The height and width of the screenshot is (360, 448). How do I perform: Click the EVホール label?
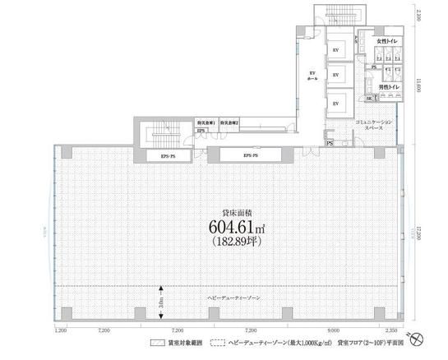[x=312, y=76]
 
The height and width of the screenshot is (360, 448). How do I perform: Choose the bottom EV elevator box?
[x=335, y=104]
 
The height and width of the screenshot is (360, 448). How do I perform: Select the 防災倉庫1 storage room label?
[x=206, y=122]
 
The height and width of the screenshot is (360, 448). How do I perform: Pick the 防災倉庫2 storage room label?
[x=229, y=122]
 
